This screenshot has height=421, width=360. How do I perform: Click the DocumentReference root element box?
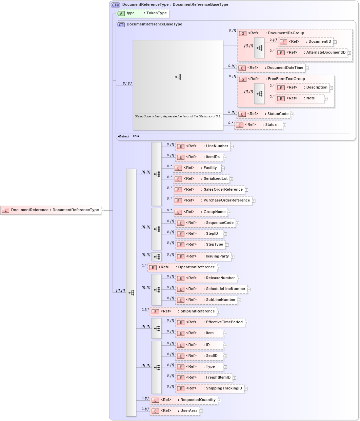tap(51, 210)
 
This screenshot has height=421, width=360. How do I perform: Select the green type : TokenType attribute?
tap(143, 13)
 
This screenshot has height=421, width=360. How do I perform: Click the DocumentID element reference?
tap(305, 42)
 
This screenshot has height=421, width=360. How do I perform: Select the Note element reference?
tap(300, 98)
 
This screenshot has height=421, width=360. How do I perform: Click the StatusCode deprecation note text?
tap(178, 116)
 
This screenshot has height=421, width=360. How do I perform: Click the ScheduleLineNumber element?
tap(211, 289)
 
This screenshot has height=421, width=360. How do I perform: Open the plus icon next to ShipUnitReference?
tap(219, 312)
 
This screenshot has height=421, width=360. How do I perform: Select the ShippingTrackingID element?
tap(209, 388)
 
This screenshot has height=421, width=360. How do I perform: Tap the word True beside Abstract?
tap(136, 136)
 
